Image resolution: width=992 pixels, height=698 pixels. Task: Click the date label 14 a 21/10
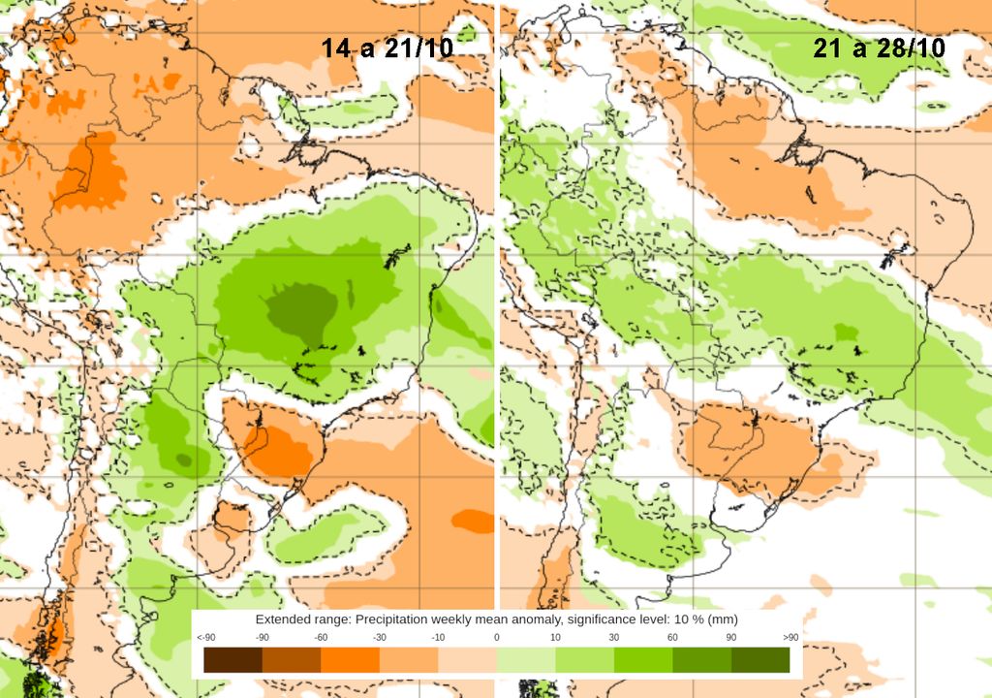coord(387,48)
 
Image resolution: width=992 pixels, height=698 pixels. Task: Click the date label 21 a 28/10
coord(880,48)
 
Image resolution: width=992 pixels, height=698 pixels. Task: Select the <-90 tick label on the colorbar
coord(205,637)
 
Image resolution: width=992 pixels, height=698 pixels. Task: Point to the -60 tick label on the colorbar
coord(321,637)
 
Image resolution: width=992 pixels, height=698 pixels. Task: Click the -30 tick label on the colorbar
coord(380,637)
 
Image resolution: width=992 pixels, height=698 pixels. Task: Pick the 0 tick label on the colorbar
coord(496,637)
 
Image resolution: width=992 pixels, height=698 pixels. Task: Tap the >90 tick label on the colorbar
coord(790,637)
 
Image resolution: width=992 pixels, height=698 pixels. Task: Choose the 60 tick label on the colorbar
coord(672,637)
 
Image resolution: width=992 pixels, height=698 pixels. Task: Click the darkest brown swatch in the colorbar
coord(232,660)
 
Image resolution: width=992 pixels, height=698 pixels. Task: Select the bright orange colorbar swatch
coord(350,660)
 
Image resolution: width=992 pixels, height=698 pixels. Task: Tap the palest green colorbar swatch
coord(525,660)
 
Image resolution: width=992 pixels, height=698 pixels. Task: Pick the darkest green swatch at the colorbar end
coord(760,660)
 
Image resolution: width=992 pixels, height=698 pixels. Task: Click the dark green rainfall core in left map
coord(301,308)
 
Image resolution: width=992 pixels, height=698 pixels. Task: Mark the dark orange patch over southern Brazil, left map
coord(280,449)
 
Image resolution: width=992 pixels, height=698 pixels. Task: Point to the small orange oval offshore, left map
coord(472,521)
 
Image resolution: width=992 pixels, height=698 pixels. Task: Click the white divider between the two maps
coord(496,291)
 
